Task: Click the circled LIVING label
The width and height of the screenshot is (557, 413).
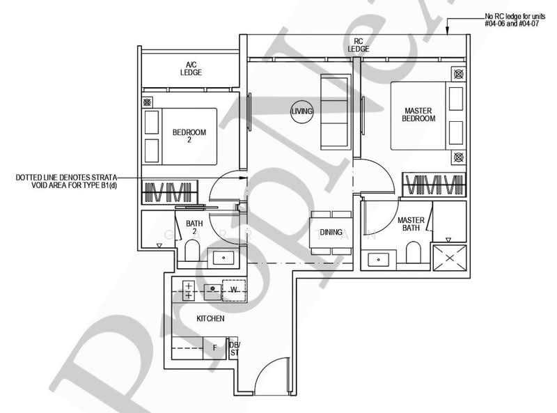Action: (x=304, y=111)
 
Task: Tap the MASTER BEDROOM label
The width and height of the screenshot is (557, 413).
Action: (x=418, y=114)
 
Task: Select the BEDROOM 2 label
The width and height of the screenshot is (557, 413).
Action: (x=189, y=136)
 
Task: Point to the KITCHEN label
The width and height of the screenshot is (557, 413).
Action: (x=210, y=318)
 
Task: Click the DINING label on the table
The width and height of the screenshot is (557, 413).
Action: (x=331, y=233)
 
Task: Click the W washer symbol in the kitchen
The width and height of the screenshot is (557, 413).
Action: (x=235, y=288)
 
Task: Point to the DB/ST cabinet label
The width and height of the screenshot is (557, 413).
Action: (x=234, y=349)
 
